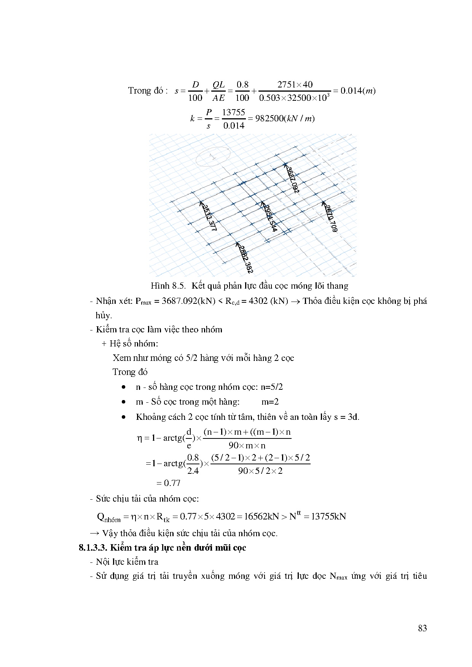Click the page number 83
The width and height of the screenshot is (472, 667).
click(x=422, y=628)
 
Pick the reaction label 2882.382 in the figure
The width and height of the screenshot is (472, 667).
click(x=245, y=259)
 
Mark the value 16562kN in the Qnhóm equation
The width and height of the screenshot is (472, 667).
click(x=262, y=516)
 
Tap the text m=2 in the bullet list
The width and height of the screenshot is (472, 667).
click(x=270, y=402)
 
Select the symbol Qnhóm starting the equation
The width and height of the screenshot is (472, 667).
click(x=109, y=517)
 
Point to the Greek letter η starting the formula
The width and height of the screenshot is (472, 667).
click(x=139, y=438)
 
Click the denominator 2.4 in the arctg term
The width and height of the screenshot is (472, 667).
click(x=193, y=471)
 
